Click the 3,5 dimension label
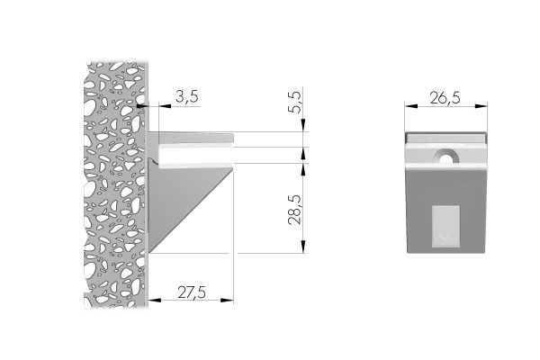[x=186, y=97]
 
